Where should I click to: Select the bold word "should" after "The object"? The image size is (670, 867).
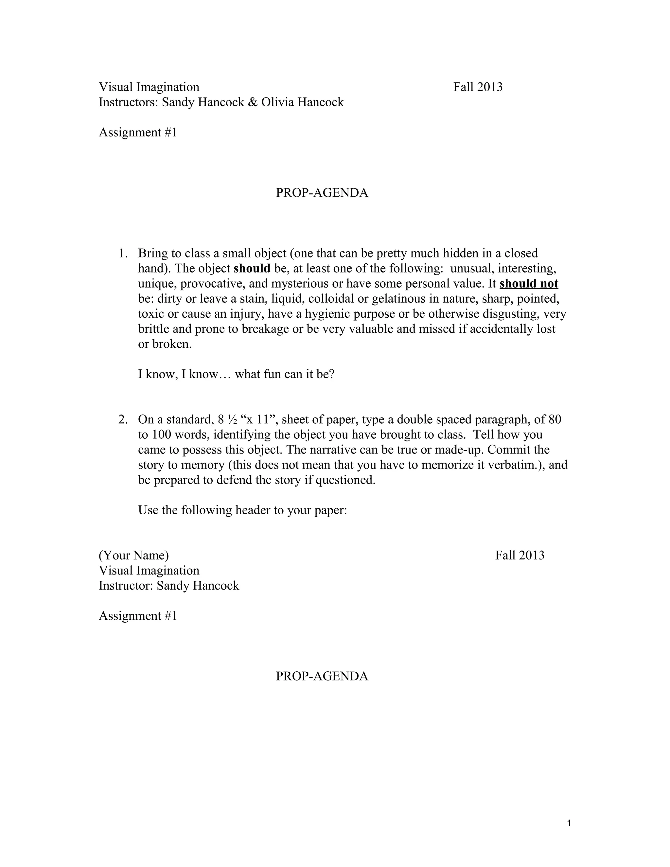coord(252,268)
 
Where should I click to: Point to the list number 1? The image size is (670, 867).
coord(123,253)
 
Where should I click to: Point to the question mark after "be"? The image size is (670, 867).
coord(332,374)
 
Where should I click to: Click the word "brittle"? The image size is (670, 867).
coord(154,329)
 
